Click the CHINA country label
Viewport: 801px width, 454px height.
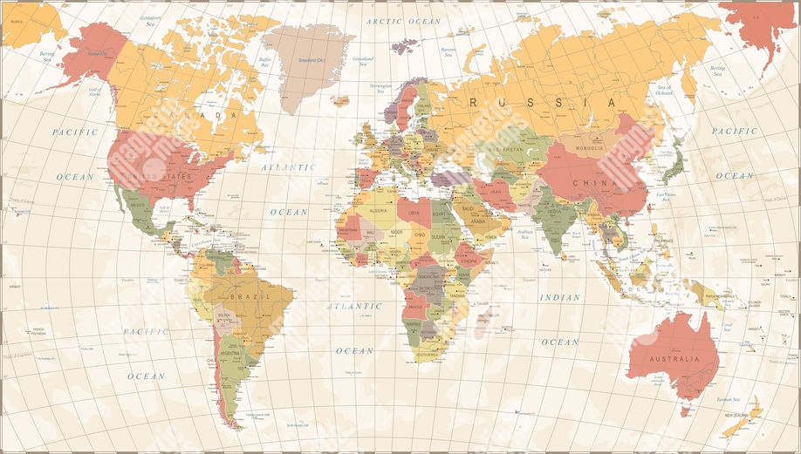(x=595, y=183)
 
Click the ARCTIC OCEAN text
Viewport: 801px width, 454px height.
(x=403, y=21)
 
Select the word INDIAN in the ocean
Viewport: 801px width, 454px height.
(x=559, y=298)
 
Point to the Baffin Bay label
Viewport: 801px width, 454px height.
(x=265, y=63)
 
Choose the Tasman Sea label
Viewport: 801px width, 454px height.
(x=729, y=400)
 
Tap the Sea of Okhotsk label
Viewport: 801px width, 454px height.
(x=665, y=89)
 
